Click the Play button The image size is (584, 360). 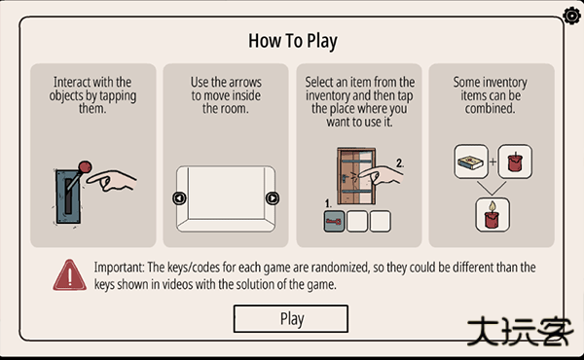[x=291, y=319]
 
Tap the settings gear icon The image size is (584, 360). [x=572, y=16]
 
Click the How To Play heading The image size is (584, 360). [x=293, y=41]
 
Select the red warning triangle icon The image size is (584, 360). [x=70, y=275]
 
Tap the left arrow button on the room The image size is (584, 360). [x=179, y=198]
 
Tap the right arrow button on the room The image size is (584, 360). [x=273, y=198]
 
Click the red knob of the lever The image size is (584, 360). [x=85, y=166]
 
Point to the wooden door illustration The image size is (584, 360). [x=356, y=176]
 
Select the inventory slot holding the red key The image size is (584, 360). [x=334, y=222]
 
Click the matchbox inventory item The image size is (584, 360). [x=471, y=162]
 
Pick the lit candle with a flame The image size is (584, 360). [x=493, y=215]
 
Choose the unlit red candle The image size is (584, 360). [x=515, y=162]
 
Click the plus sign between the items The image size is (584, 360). [x=493, y=162]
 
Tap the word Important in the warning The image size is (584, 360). [x=119, y=268]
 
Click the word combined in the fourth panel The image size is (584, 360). [x=490, y=109]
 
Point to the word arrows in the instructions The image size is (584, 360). [x=244, y=82]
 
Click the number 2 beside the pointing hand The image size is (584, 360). [x=400, y=163]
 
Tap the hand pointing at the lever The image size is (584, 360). [x=112, y=180]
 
